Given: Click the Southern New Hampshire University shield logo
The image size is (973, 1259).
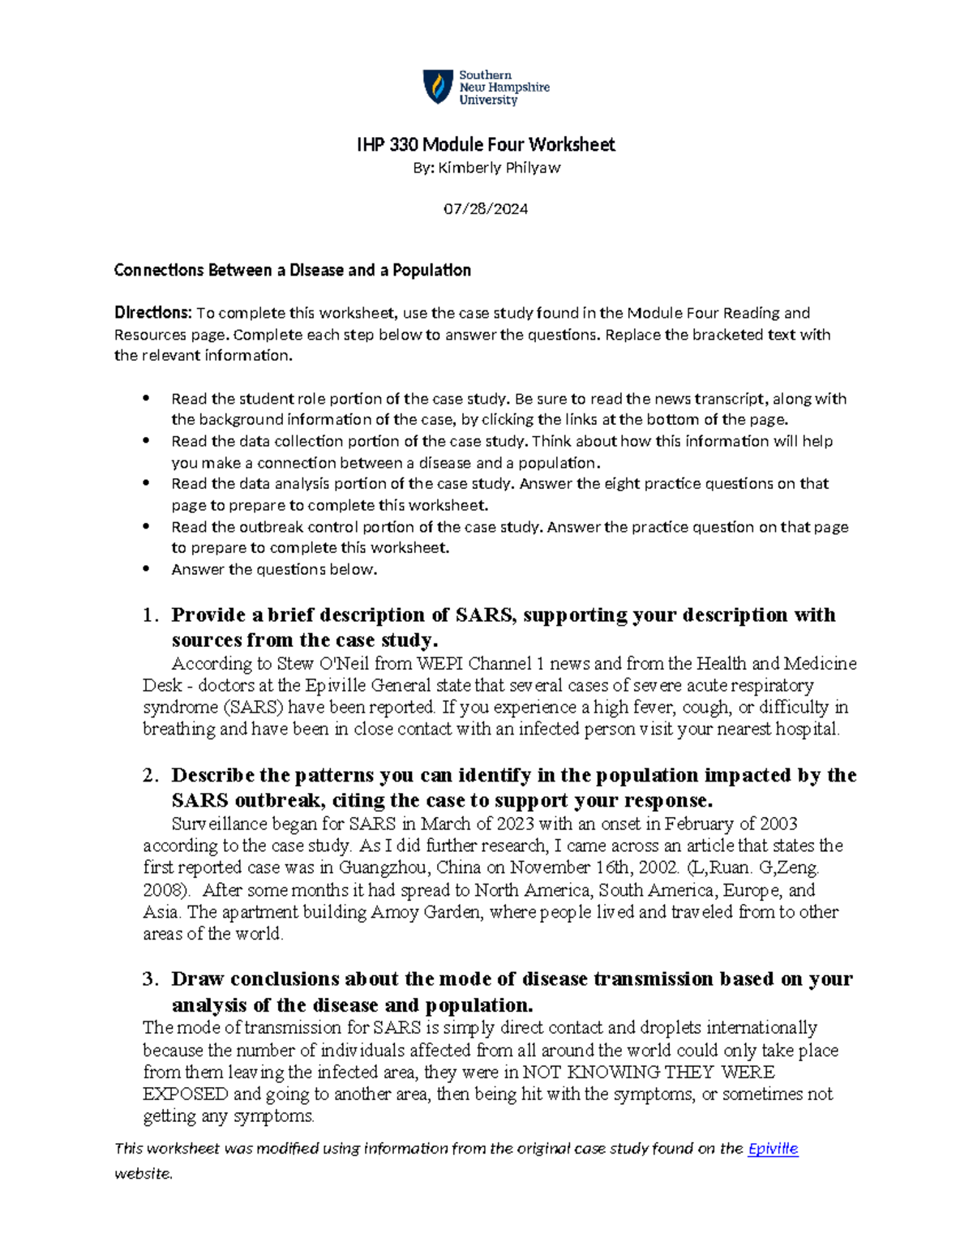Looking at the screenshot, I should click(x=439, y=87).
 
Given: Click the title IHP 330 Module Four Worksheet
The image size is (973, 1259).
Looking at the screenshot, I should click(x=486, y=145).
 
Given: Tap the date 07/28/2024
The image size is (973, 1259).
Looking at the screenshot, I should click(x=486, y=209).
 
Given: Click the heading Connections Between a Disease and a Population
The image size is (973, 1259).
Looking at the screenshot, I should click(x=292, y=270).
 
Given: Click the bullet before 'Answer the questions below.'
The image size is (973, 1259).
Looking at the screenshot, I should click(x=146, y=569).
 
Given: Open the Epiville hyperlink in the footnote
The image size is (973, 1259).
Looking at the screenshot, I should click(x=773, y=1149).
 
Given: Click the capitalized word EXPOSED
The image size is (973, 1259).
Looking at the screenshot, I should click(x=186, y=1094).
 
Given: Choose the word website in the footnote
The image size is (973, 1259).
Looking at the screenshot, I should click(x=143, y=1174).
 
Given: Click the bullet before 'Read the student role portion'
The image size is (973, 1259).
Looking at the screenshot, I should click(x=146, y=399).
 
